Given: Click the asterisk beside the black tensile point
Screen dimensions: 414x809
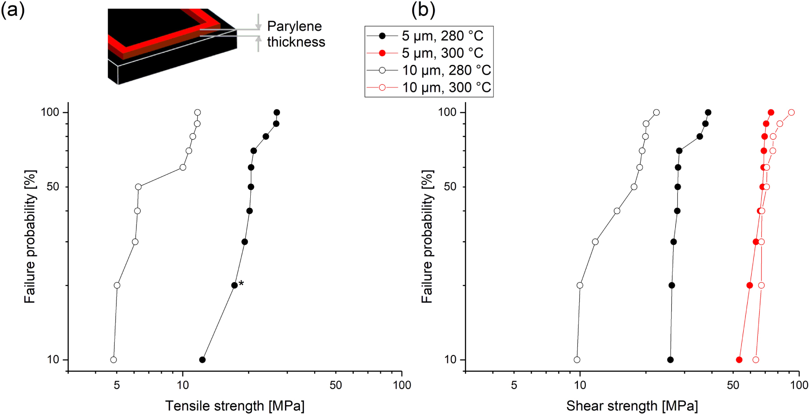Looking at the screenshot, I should pos(241,283).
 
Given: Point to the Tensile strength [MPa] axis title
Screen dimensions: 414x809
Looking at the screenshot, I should pos(235,406).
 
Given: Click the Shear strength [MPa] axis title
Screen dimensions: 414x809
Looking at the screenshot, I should pos(632,406).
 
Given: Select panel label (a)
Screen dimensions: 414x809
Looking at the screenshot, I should pos(12,10).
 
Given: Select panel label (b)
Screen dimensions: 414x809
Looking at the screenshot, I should pos(423,10).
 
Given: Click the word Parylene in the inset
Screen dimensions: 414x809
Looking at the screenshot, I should pos(294,26).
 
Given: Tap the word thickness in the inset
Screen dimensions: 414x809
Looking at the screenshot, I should pos(296,42).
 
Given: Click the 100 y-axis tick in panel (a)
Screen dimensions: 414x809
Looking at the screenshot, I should pos(50,112).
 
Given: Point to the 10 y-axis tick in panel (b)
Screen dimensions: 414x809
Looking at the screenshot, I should pos(450,360).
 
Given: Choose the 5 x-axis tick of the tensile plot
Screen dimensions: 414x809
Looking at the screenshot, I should pos(116,385).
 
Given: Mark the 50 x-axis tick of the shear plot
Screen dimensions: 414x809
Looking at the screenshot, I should pos(733,385).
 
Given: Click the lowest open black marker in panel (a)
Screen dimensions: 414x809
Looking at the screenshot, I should pos(113,360).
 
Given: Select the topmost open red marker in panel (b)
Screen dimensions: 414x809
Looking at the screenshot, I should pos(791,112).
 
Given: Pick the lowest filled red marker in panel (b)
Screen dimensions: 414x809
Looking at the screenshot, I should pos(739,360).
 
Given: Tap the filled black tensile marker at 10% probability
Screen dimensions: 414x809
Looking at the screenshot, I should pos(202,360).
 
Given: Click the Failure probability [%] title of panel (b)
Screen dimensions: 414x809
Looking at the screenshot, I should pos(427,236).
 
